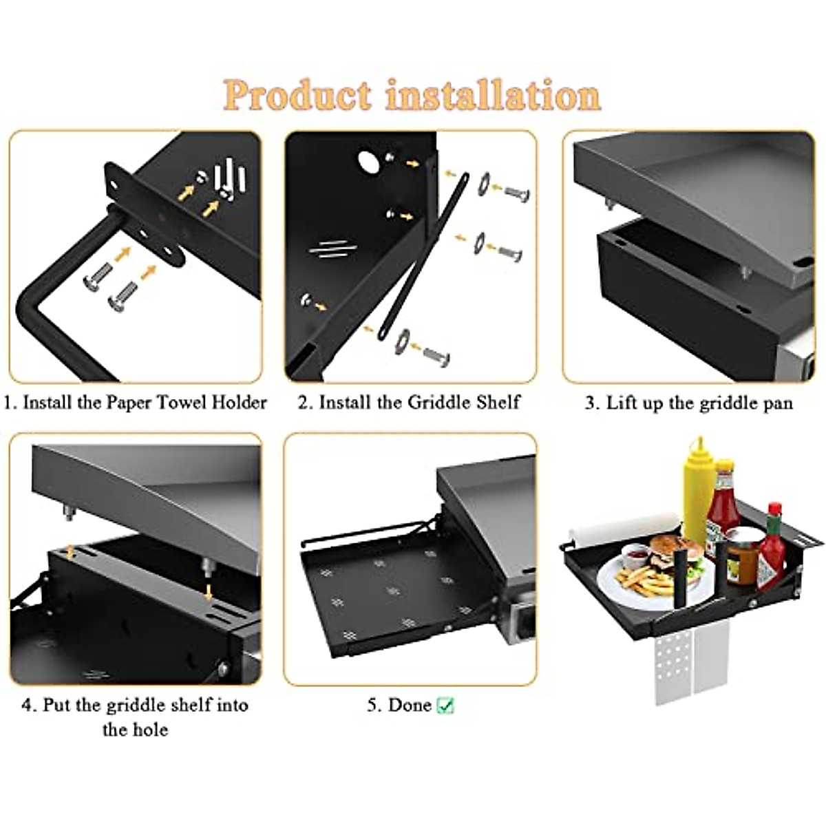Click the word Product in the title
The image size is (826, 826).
click(299, 95)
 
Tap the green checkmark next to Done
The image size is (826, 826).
click(446, 706)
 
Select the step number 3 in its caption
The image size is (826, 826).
click(590, 403)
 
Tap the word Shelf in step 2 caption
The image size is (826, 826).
click(498, 402)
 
